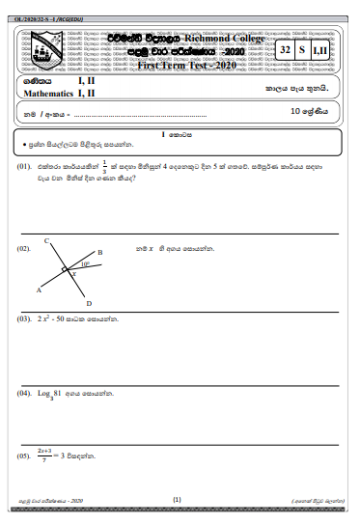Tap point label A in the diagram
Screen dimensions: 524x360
[x=39, y=290]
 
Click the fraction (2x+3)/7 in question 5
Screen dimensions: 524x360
[x=44, y=454]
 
